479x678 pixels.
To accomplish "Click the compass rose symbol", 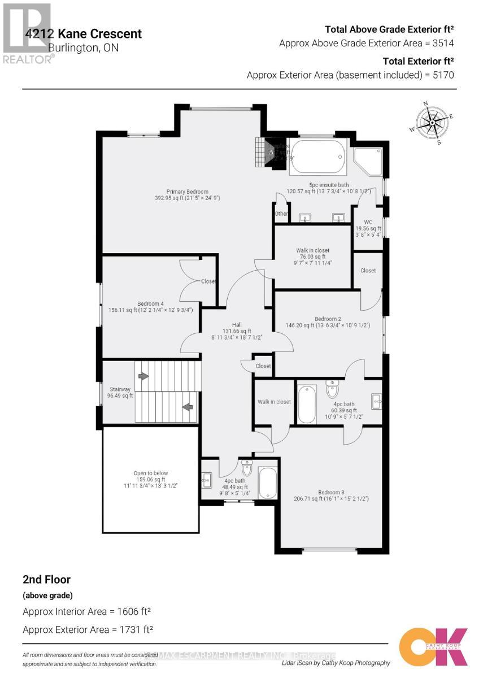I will click(432, 122).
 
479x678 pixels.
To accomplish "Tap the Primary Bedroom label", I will click(187, 195).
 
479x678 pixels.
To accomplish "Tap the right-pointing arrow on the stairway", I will click(144, 376).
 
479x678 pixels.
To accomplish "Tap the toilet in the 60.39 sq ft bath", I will click(332, 389).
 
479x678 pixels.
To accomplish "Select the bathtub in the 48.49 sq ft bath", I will click(267, 483).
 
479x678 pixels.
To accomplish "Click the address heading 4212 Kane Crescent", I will click(84, 34).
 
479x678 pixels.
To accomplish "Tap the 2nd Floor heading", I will click(46, 579).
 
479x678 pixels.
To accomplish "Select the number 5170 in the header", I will click(443, 75).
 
